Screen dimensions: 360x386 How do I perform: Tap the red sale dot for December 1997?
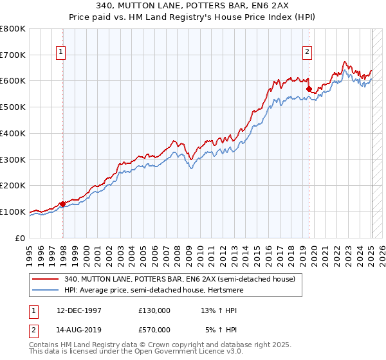62,204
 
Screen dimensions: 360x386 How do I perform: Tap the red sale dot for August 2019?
309,89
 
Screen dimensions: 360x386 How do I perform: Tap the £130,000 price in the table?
154,310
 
